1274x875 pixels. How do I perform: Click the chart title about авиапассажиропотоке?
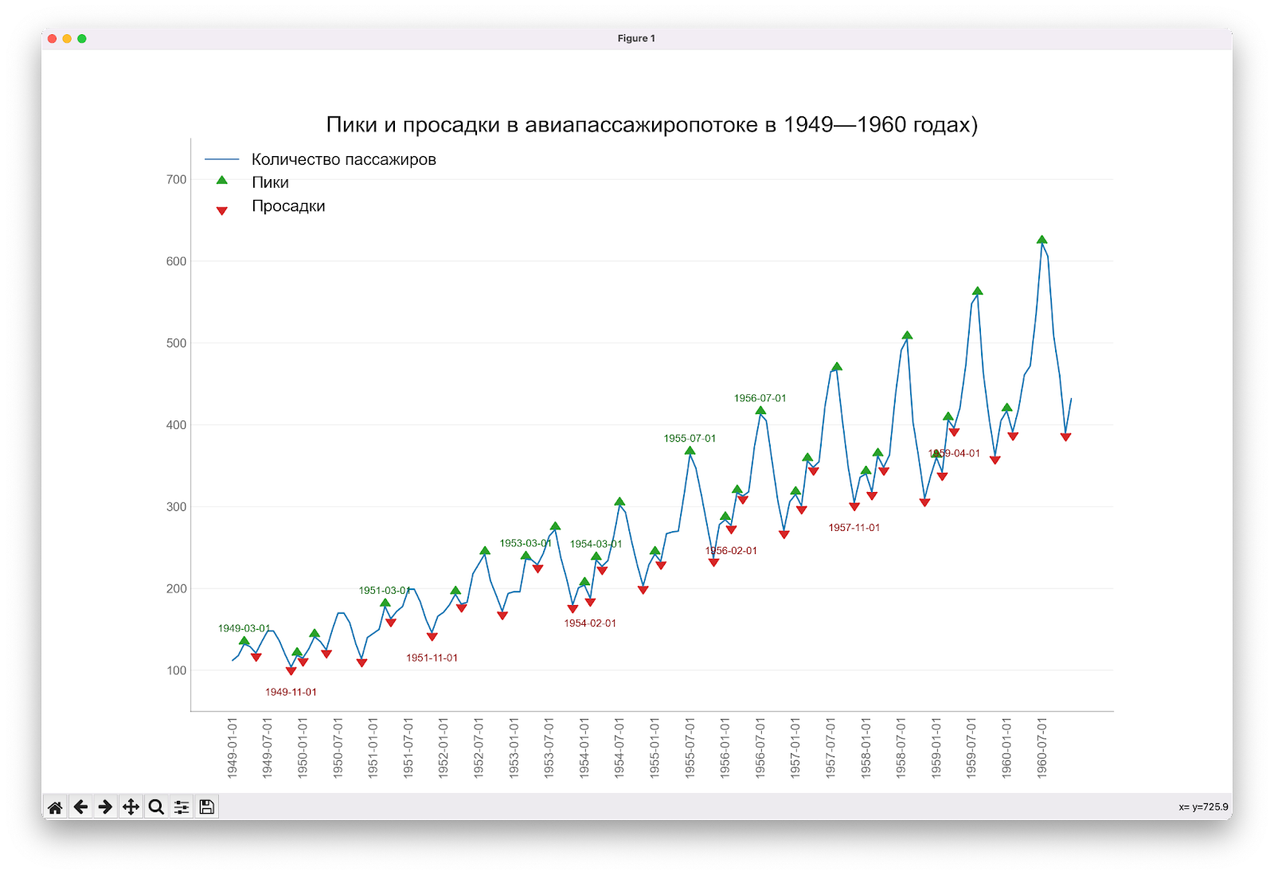(x=651, y=125)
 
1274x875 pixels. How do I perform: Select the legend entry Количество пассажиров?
(x=343, y=159)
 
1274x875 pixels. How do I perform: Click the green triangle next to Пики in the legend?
(x=222, y=181)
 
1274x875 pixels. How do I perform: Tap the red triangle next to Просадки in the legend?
(x=222, y=210)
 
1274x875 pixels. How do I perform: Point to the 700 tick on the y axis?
(x=176, y=180)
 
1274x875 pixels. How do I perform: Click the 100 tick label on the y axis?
(x=176, y=670)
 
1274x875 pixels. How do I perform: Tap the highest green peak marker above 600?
(x=1041, y=240)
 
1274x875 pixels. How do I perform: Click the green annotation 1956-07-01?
(x=760, y=398)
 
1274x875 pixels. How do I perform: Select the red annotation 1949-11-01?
(x=291, y=692)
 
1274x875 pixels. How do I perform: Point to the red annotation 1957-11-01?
(x=854, y=528)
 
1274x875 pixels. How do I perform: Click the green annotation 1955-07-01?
(x=690, y=439)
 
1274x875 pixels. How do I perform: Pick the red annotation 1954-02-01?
(x=590, y=623)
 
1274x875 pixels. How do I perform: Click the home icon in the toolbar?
(x=55, y=807)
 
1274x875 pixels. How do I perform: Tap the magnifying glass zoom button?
(x=156, y=807)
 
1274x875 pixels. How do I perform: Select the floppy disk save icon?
(x=207, y=807)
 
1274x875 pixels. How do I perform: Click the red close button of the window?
(x=53, y=38)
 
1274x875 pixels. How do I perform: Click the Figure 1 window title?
(x=636, y=38)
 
